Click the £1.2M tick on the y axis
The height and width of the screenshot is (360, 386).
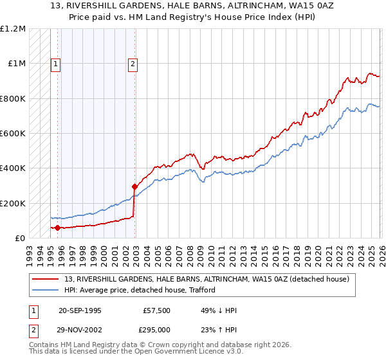coord(13,29)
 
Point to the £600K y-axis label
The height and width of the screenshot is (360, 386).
coord(13,134)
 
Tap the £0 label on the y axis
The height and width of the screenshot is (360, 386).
coord(19,238)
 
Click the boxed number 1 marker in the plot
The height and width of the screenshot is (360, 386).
coord(56,64)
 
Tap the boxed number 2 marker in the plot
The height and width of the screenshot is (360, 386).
coord(133,64)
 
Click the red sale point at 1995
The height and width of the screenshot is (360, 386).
coord(57,228)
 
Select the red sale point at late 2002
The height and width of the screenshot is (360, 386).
coord(134,186)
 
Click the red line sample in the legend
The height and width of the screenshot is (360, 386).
coord(47,279)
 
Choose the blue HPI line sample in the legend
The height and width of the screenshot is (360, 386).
coord(47,290)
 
